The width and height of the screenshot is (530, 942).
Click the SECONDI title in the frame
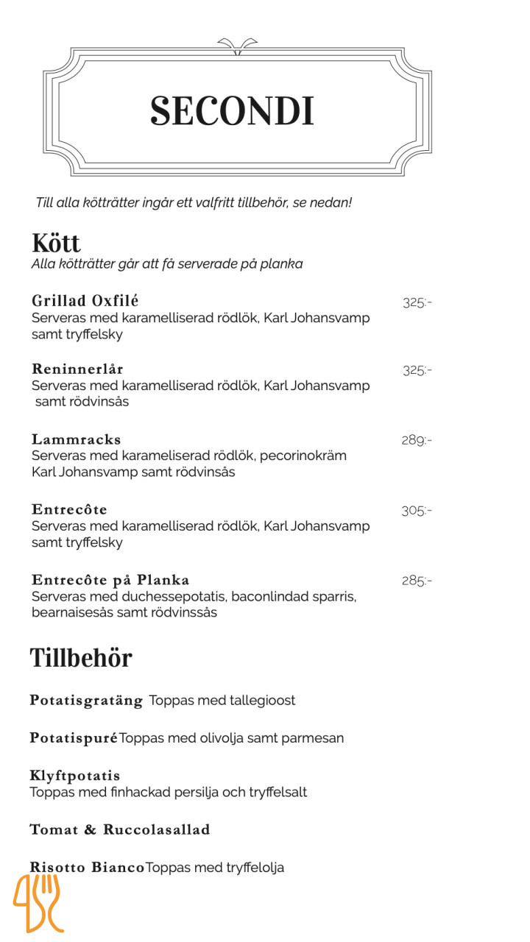[x=233, y=111]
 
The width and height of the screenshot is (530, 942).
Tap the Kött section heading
[x=56, y=243]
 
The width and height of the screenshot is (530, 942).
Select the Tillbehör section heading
[x=81, y=657]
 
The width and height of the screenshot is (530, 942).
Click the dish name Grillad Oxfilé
[x=85, y=300]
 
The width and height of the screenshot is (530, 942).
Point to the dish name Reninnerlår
[x=77, y=369]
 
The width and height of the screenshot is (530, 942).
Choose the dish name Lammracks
[x=76, y=439]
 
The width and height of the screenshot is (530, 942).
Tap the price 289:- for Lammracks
[x=416, y=440]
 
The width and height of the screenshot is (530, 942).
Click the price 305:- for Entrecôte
[x=416, y=510]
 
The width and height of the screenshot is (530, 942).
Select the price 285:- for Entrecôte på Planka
[x=416, y=581]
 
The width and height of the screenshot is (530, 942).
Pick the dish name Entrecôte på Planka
[x=110, y=580]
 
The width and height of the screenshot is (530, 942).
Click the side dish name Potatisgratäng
[x=86, y=700]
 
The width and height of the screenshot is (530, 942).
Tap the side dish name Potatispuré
[x=74, y=737]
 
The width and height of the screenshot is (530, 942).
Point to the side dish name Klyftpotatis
[x=74, y=776]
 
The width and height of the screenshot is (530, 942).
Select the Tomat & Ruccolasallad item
[x=119, y=829]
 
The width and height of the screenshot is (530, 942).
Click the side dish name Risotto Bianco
[x=87, y=868]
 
